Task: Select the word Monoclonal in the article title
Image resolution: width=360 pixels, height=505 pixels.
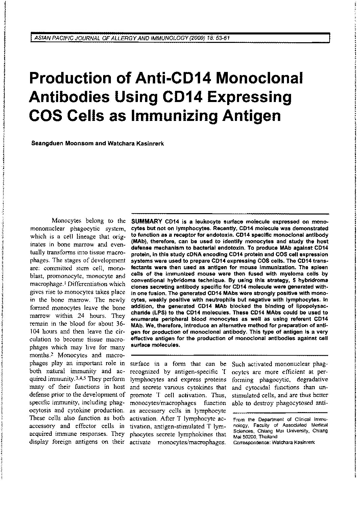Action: tap(260, 79)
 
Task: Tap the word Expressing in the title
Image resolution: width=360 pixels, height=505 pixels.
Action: tap(249, 98)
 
